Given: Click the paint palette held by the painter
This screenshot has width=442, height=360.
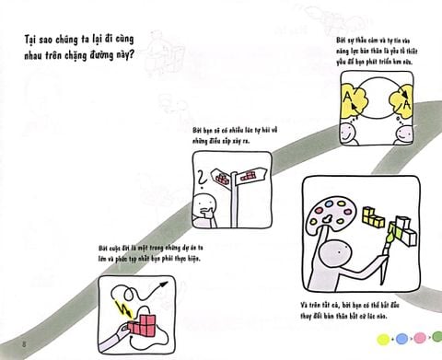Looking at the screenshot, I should (334, 213).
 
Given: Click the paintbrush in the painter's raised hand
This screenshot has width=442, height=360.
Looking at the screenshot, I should (397, 238).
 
